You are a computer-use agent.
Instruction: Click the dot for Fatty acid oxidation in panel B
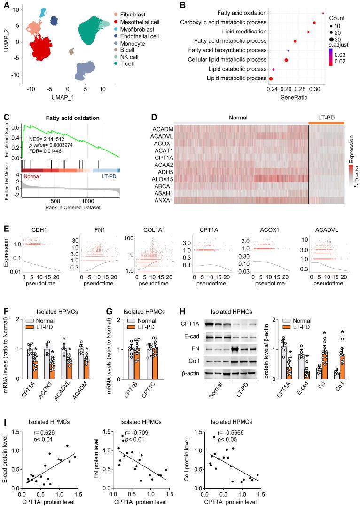[323, 13]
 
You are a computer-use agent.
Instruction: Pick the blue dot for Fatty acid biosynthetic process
[288, 50]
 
